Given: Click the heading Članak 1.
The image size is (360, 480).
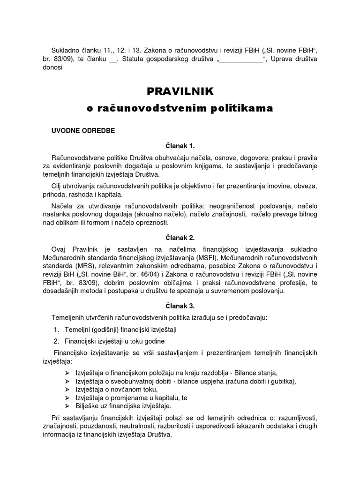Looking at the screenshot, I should click(180, 146).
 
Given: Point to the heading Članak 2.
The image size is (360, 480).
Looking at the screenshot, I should click(180, 238).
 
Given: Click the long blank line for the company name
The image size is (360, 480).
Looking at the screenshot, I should click(241, 59).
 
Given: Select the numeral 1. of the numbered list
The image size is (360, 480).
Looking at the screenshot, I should click(56, 330).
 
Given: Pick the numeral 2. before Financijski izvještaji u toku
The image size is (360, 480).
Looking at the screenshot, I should click(56, 341).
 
